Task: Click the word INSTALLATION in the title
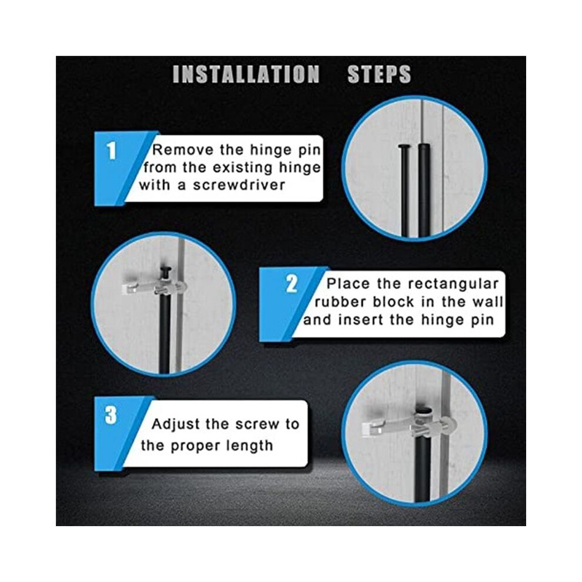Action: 246,74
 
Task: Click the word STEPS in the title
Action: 379,74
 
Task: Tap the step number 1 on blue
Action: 111,152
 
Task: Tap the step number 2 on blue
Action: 292,285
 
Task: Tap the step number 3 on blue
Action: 111,416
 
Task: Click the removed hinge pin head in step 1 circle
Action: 403,147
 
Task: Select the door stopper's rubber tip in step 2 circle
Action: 128,288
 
